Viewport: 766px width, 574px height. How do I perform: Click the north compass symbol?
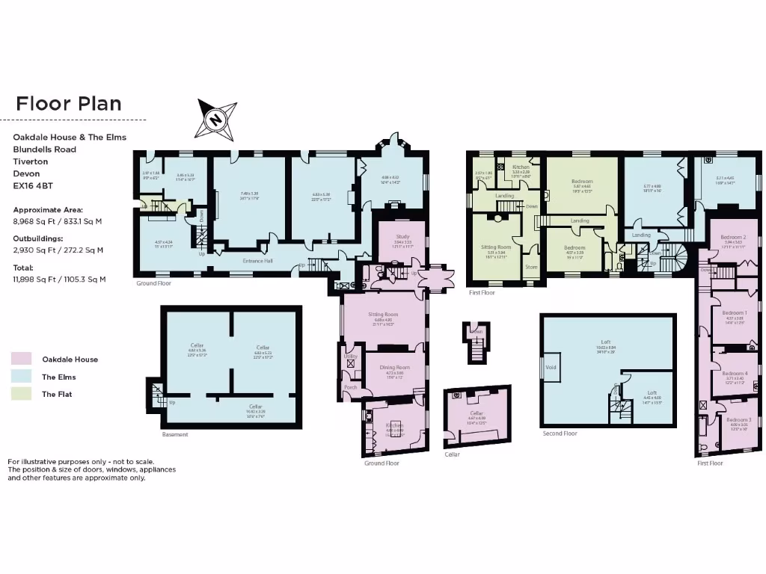coord(215,119)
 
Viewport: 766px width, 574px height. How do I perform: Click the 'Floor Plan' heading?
coord(68,103)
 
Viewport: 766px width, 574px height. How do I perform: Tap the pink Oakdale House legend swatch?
coord(22,359)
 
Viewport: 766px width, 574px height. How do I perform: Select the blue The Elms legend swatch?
coord(22,377)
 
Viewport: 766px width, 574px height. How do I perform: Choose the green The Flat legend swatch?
coord(22,394)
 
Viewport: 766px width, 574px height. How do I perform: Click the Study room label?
coord(402,236)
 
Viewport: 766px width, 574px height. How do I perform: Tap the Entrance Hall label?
coord(257,261)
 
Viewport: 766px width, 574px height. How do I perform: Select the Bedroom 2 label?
coord(734,237)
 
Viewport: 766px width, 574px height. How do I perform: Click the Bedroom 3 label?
coord(739,420)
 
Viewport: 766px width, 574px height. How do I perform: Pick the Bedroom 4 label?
coord(736,373)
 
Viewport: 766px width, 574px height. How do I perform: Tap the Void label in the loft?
coord(551,367)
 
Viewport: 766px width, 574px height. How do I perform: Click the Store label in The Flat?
coord(531,267)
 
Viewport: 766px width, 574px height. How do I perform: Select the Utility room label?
coord(350,357)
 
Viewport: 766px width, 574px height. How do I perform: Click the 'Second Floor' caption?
coord(560,433)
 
